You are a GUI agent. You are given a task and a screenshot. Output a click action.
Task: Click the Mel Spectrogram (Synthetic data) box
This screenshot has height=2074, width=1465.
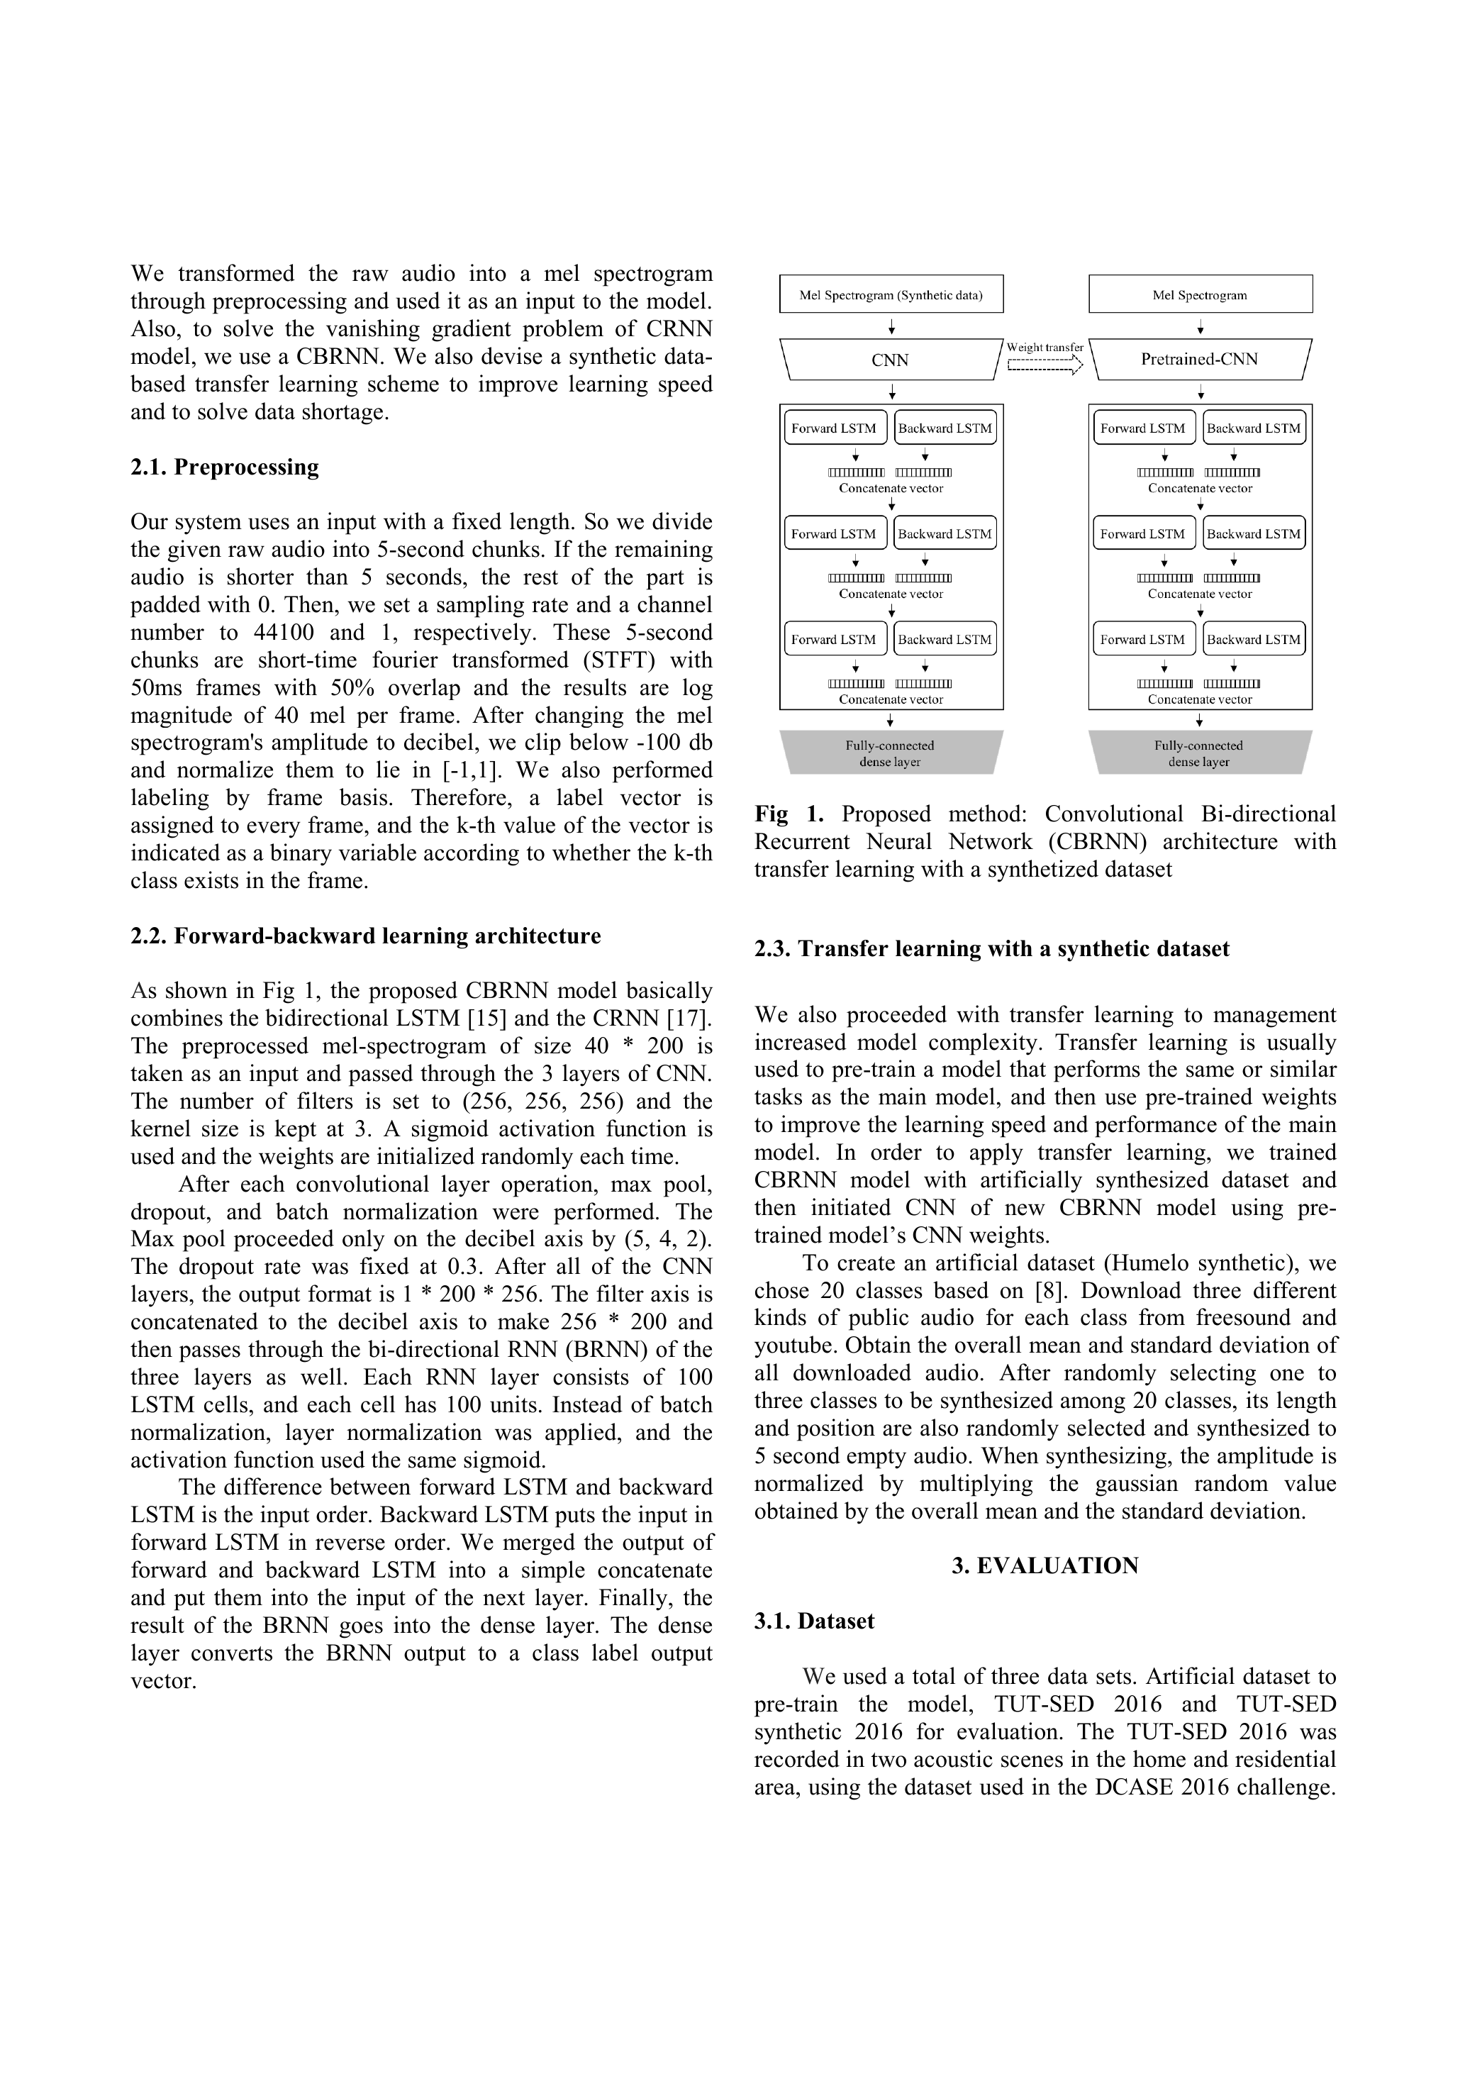tap(891, 294)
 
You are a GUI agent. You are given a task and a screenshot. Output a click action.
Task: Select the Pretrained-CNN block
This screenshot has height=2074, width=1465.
tap(1200, 360)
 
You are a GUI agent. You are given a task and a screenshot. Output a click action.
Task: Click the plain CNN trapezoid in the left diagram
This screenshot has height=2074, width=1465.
tap(891, 360)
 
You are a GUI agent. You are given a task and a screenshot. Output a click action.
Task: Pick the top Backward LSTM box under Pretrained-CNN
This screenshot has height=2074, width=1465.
tap(1254, 428)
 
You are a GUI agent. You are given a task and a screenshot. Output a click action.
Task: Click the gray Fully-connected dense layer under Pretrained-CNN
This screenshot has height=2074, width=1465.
tap(1200, 753)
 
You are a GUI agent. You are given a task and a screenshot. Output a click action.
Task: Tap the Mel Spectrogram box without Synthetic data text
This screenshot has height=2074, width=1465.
tap(1200, 294)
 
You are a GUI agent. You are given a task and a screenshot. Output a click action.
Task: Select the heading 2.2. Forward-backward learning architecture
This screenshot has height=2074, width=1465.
tap(366, 936)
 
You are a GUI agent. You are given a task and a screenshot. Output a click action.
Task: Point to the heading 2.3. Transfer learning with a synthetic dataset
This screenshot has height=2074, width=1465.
tap(992, 948)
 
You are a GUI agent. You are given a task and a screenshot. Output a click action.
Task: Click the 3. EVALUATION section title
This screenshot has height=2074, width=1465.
tap(1045, 1565)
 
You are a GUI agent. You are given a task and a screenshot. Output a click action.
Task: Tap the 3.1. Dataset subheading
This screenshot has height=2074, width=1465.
tap(814, 1621)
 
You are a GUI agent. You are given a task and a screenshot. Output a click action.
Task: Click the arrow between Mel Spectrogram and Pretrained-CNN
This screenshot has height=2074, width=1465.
tap(1200, 327)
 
